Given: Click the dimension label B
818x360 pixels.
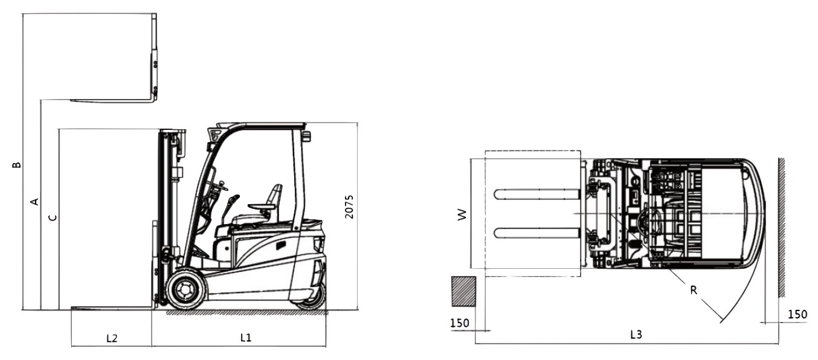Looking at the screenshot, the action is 17,165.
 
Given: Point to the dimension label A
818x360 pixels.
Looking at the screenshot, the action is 34,201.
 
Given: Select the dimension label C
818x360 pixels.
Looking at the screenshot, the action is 53,217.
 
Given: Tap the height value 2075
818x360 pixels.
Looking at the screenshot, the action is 349,207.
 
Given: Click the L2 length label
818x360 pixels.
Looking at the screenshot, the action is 112,338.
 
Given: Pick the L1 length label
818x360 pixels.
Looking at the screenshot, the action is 246,338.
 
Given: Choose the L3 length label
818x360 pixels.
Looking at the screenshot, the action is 636,335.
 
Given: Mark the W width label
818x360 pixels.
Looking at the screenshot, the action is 462,214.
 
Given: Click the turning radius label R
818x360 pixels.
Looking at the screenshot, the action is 694,291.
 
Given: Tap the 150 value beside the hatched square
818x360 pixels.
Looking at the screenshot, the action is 459,323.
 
